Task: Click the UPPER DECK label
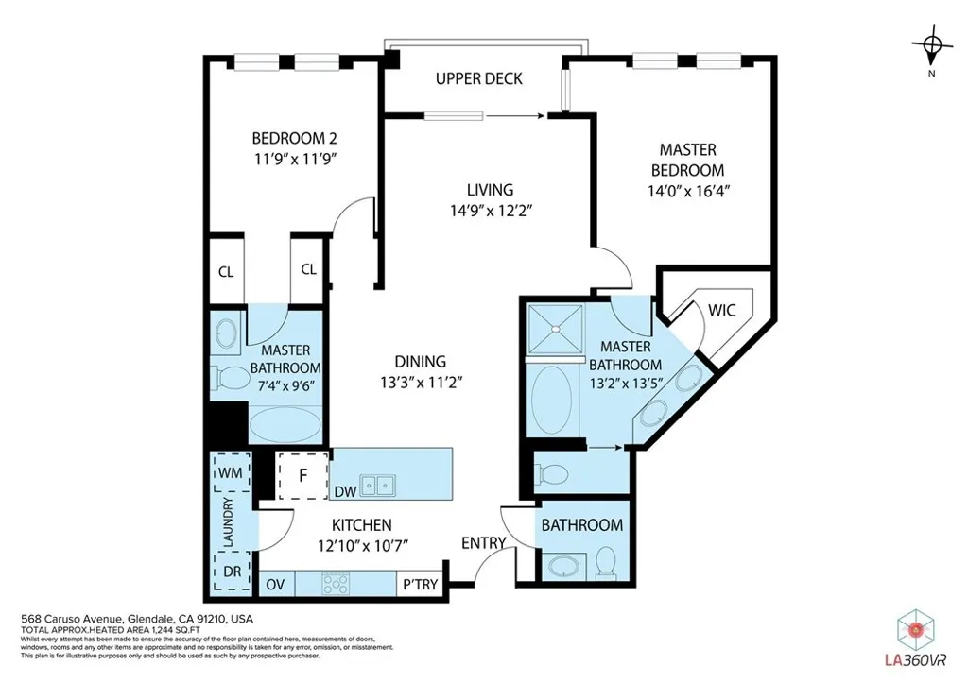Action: [478, 78]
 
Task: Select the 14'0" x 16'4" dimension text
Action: [687, 190]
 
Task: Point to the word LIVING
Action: [490, 190]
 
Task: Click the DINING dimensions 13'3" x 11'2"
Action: [421, 382]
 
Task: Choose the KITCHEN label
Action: [361, 525]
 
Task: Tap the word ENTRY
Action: [483, 542]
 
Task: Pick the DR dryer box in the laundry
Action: [230, 571]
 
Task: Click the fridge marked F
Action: [302, 475]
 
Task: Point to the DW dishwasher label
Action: [346, 491]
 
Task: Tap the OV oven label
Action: [275, 584]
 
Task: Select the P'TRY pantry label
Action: [419, 584]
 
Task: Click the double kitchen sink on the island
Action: [383, 486]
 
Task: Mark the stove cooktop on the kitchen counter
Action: [337, 583]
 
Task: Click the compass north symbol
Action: [932, 44]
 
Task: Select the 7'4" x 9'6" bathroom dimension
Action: [285, 384]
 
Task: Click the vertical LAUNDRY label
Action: [228, 521]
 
